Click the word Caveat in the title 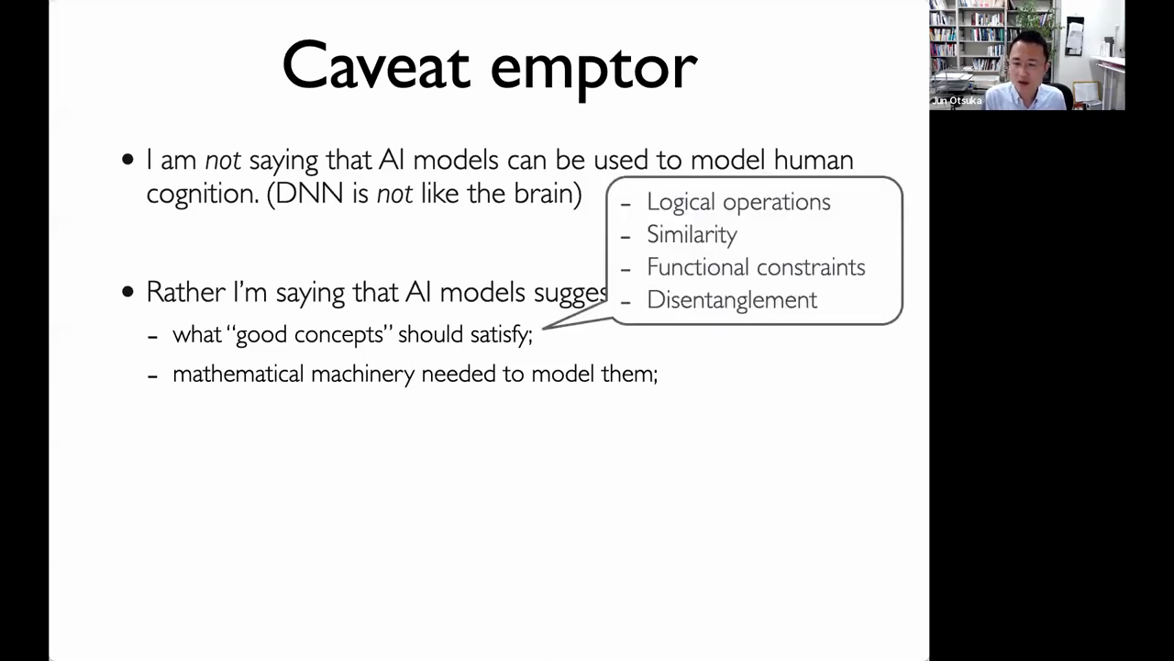(376, 65)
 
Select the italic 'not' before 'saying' (223, 160)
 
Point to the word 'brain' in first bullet (544, 193)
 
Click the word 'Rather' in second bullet (185, 292)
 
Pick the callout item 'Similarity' (692, 234)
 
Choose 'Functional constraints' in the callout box (756, 267)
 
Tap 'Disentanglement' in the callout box (732, 299)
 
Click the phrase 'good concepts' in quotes (313, 335)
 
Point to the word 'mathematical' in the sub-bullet (238, 374)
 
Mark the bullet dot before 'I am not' (127, 160)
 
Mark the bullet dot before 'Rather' (127, 292)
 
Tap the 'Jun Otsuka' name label (957, 101)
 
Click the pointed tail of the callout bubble (543, 329)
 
